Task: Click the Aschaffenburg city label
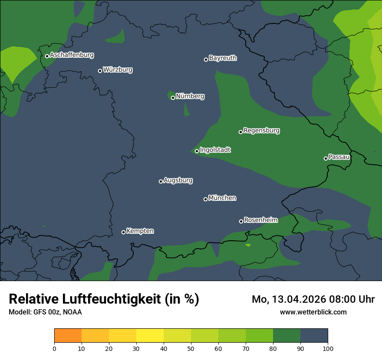(x=72, y=55)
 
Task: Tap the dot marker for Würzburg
(x=100, y=71)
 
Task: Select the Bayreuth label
(x=223, y=58)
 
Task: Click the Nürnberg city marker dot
(x=173, y=98)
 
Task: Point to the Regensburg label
(x=261, y=130)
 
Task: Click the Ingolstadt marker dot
(x=197, y=151)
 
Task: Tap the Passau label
(x=339, y=157)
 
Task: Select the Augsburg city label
(x=178, y=180)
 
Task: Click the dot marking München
(x=205, y=199)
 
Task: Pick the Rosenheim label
(x=260, y=220)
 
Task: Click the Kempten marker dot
(x=123, y=232)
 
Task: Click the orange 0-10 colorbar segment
(x=68, y=336)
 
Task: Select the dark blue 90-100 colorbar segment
(x=314, y=336)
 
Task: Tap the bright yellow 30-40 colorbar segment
(x=150, y=336)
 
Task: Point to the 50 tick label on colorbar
(x=191, y=348)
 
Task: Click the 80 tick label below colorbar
(x=273, y=348)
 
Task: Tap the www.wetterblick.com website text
(x=313, y=312)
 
